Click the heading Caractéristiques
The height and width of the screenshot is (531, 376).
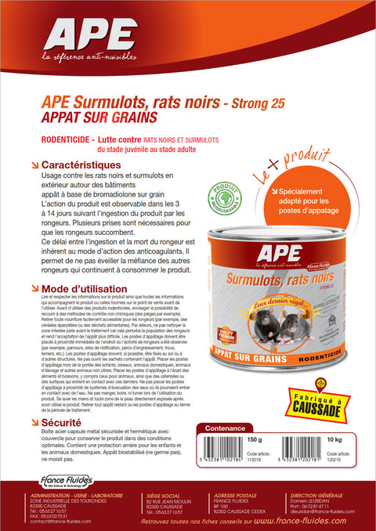click(80, 166)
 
